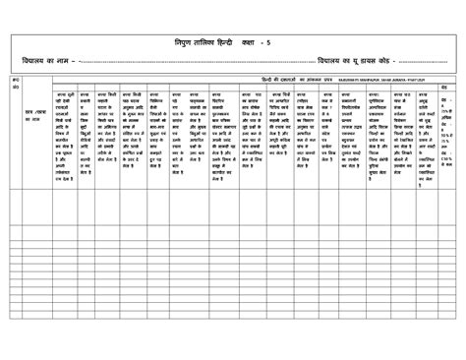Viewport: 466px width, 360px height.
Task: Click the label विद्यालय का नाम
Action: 41,62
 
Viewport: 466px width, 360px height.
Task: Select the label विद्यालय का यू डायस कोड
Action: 351,62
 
